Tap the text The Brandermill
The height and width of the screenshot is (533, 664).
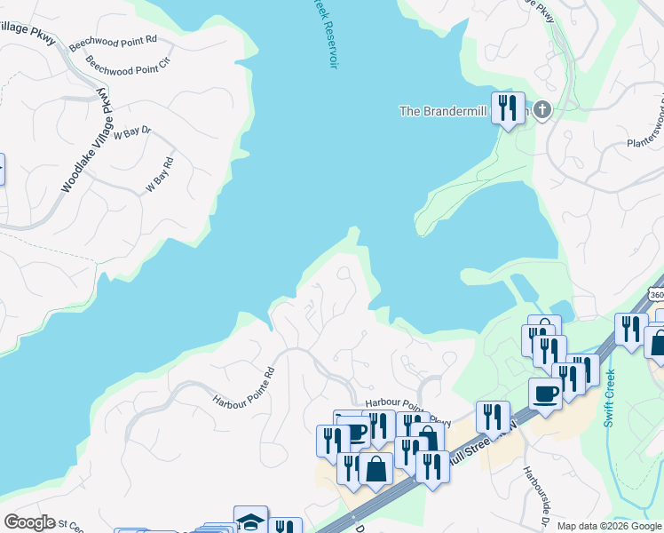coord(441,111)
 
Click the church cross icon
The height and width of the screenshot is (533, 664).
coord(541,110)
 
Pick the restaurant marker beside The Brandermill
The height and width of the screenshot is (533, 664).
coord(508,108)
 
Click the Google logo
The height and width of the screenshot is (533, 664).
coord(29,522)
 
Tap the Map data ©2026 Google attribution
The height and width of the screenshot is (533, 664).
coord(609,526)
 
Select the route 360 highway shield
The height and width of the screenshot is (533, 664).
coord(655,295)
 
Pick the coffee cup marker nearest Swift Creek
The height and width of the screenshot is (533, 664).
coord(545,394)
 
